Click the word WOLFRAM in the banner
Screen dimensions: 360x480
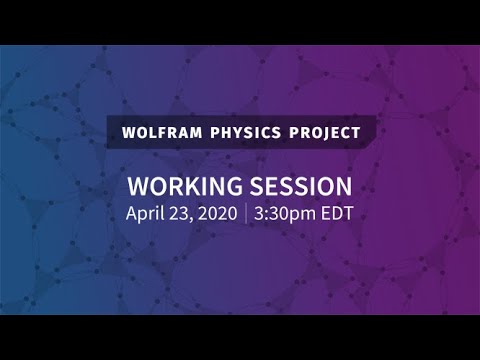159,132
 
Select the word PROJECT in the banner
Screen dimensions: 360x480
320,132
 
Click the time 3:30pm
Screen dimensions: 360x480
286,213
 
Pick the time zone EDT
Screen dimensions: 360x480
336,213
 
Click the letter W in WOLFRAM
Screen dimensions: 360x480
126,132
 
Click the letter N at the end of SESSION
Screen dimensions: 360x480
343,187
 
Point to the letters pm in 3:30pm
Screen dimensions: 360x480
303,215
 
